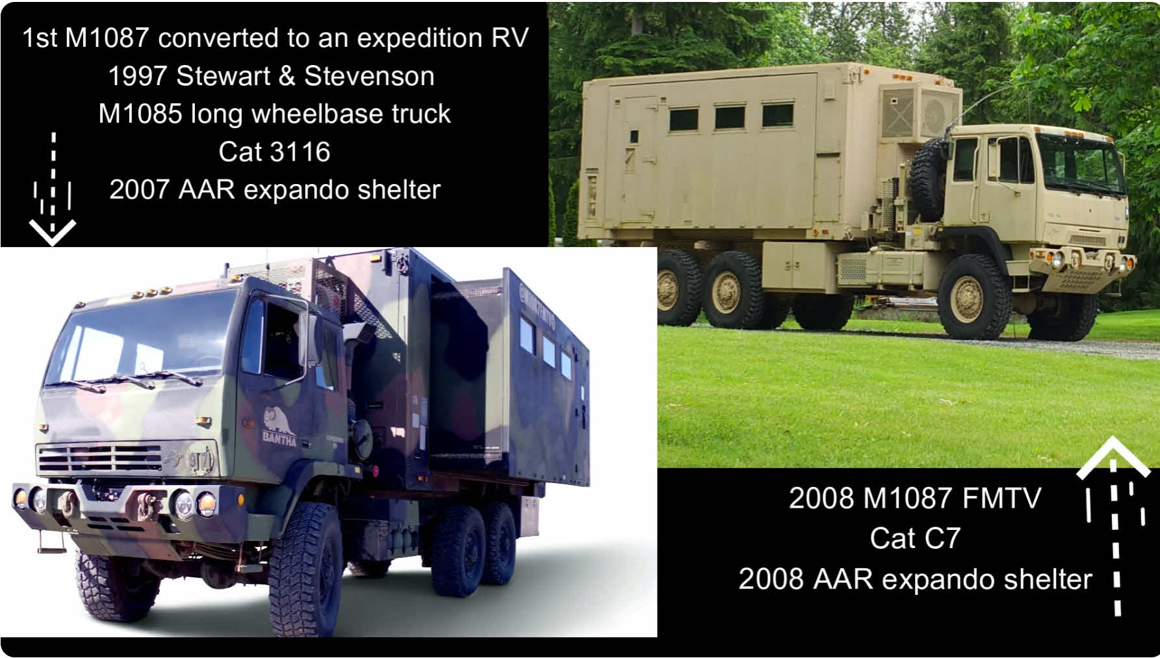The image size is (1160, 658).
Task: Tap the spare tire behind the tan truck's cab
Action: pyautogui.click(x=929, y=179)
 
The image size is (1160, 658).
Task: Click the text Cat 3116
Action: pyautogui.click(x=274, y=152)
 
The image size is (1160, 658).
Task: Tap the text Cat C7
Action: pyautogui.click(x=915, y=538)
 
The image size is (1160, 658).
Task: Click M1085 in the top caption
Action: pyautogui.click(x=140, y=114)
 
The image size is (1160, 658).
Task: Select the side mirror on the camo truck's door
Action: pyautogui.click(x=311, y=338)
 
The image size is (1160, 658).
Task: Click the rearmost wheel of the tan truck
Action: pyautogui.click(x=678, y=288)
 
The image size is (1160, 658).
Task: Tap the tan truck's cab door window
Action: pyautogui.click(x=1009, y=159)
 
